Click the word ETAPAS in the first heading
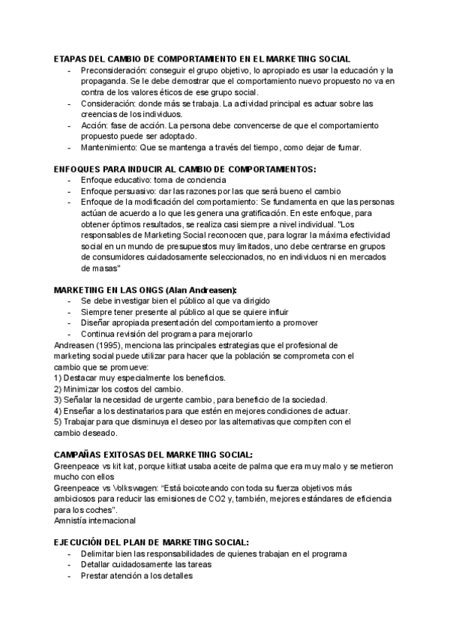point(70,58)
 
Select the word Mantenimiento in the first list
point(109,147)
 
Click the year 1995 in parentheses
point(111,344)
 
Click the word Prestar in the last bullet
point(95,575)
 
